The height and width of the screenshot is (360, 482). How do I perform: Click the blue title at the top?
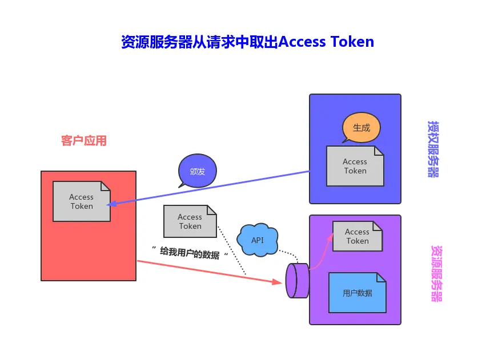[x=247, y=42]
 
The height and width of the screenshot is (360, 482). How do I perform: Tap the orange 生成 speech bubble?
[x=361, y=127]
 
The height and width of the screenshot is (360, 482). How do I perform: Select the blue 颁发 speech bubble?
[x=198, y=171]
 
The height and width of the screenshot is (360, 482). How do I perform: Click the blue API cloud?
[x=258, y=240]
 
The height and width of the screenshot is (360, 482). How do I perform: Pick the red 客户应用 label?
[x=83, y=141]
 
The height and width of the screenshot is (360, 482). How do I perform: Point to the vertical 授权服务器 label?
[x=433, y=149]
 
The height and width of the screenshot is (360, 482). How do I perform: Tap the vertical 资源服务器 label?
[x=436, y=273]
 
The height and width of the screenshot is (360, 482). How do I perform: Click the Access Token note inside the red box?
[x=82, y=201]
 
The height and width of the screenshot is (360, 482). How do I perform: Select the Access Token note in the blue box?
[x=355, y=166]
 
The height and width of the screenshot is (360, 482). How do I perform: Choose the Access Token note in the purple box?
[x=357, y=236]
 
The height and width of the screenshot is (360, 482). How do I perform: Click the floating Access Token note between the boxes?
[x=190, y=221]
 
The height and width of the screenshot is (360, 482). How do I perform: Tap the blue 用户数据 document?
[x=357, y=293]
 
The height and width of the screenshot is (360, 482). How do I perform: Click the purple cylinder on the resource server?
[x=298, y=281]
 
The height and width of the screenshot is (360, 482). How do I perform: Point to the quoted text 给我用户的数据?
[x=190, y=253]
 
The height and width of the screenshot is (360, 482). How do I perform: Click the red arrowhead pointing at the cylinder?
[x=277, y=282]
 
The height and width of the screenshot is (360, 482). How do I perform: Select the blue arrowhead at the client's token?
[x=111, y=204]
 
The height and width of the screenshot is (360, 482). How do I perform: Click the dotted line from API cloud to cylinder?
[x=289, y=256]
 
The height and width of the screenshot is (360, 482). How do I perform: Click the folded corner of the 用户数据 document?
[x=381, y=277]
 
